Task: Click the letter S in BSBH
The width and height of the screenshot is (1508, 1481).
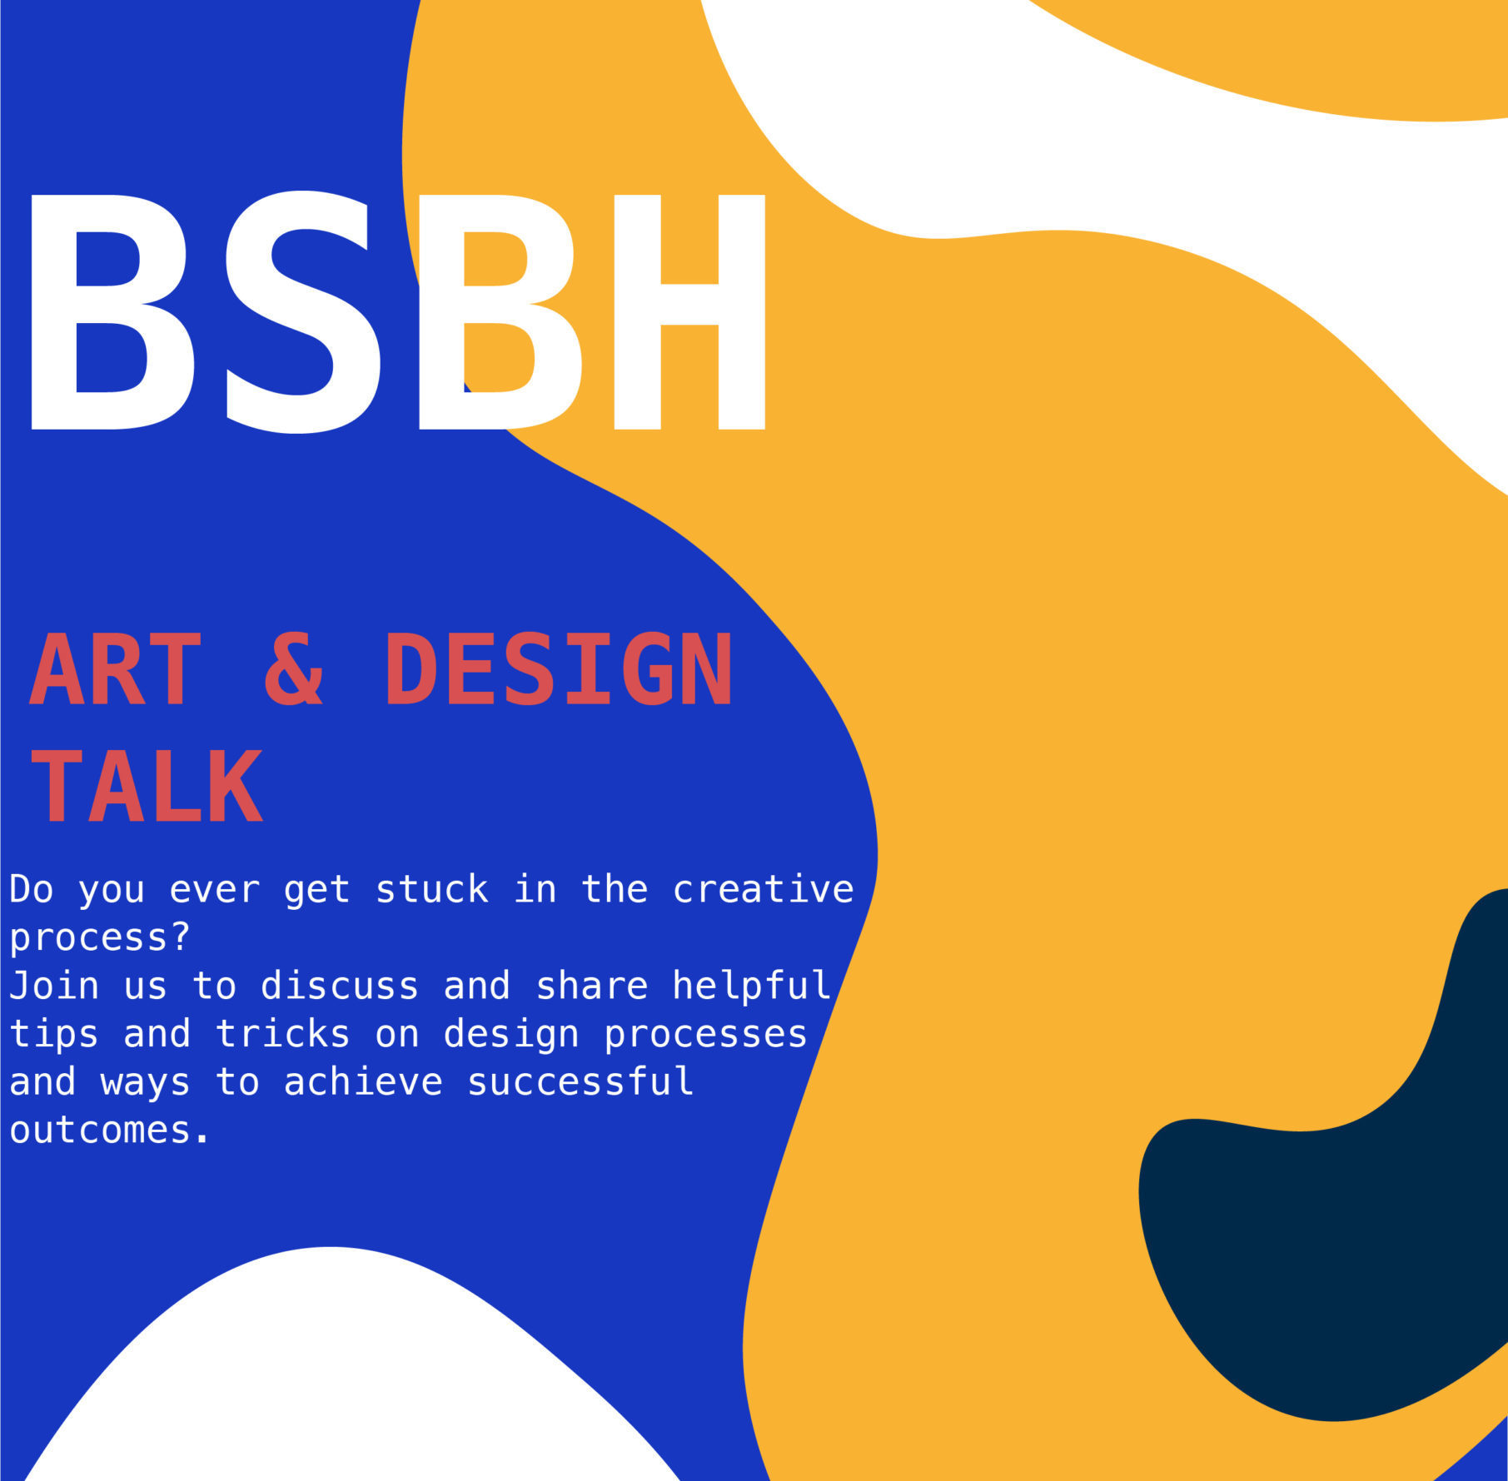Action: tap(304, 312)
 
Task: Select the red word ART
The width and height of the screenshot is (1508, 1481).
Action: tap(116, 669)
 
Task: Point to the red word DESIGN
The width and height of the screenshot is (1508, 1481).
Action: tap(558, 669)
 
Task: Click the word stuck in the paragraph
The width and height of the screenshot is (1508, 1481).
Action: tap(431, 890)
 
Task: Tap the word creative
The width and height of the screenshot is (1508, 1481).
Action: tap(763, 890)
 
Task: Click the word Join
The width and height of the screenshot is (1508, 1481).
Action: tap(54, 987)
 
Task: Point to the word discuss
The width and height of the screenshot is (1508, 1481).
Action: tap(340, 987)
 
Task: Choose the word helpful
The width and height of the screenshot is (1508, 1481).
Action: tap(751, 986)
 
